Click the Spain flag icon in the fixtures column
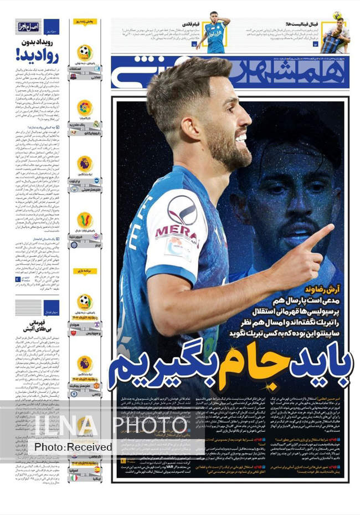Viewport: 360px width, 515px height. coord(97,469)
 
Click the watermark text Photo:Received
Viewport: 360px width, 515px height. coord(73,447)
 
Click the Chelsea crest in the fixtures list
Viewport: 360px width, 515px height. coord(73,393)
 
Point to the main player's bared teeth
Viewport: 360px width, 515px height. coord(241,139)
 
